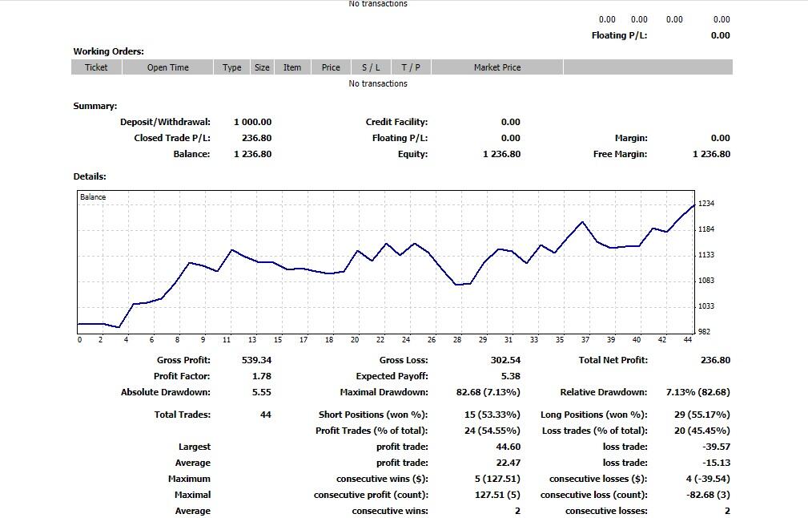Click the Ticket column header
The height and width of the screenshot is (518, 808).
[96, 67]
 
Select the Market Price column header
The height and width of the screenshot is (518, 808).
[497, 67]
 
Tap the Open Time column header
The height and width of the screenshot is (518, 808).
[168, 67]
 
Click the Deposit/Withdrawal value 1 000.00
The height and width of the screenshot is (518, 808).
[253, 122]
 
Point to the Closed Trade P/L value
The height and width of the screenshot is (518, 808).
[256, 138]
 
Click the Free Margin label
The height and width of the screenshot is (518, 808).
[620, 154]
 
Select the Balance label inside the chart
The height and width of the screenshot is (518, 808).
[93, 197]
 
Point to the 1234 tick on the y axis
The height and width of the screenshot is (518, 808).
[706, 204]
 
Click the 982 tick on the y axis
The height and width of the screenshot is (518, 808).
[705, 332]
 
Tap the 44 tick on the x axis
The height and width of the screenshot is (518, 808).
[688, 340]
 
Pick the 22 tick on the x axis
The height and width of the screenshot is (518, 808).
[380, 340]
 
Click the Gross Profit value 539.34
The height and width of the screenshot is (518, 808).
[256, 360]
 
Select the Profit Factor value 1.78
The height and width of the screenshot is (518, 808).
[262, 376]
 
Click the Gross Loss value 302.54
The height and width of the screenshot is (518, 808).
[505, 360]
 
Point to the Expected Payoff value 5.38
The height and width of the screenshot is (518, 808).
[510, 376]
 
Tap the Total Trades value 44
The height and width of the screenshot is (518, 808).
[266, 415]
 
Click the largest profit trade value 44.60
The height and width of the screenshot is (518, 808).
[508, 447]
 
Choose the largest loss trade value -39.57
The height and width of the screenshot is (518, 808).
[716, 447]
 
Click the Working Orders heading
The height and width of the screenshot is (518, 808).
[109, 51]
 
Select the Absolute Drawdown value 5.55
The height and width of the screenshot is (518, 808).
[262, 392]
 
